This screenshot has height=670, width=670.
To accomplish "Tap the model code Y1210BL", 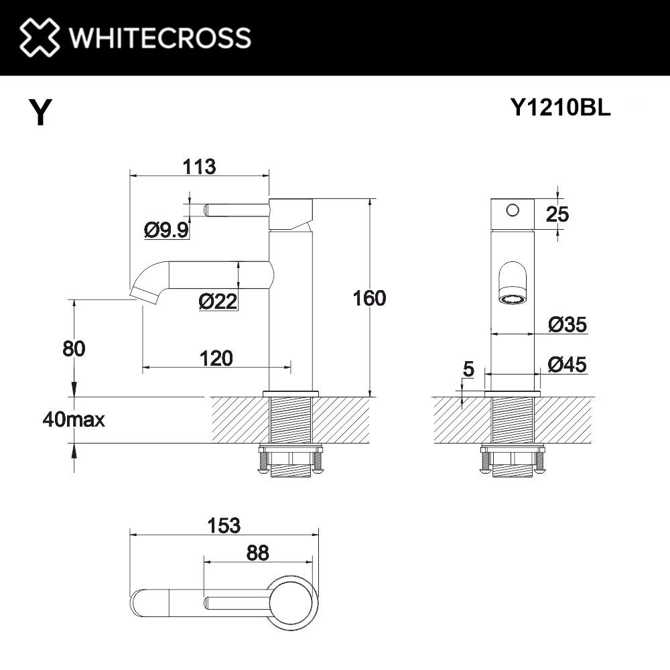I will tap(560, 108).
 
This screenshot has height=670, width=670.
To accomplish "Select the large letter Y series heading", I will tap(40, 113).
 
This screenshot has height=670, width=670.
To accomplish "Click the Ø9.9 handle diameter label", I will tap(167, 230).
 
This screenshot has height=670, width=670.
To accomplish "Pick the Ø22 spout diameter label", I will tap(218, 302).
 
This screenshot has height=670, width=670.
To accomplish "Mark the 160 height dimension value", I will tap(369, 298).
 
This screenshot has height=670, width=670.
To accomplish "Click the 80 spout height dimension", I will tap(74, 348).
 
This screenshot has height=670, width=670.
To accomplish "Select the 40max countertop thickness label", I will tap(73, 420).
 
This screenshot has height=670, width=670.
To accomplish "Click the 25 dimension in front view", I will tap(557, 214).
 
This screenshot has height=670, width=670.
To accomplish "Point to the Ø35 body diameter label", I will tap(567, 325).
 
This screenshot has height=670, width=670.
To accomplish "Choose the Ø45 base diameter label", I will tap(567, 365).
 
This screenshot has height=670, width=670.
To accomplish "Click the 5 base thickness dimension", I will tap(468, 368).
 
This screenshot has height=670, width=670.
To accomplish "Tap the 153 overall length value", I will tap(224, 526).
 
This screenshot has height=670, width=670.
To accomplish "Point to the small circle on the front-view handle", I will tap(513, 210).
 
